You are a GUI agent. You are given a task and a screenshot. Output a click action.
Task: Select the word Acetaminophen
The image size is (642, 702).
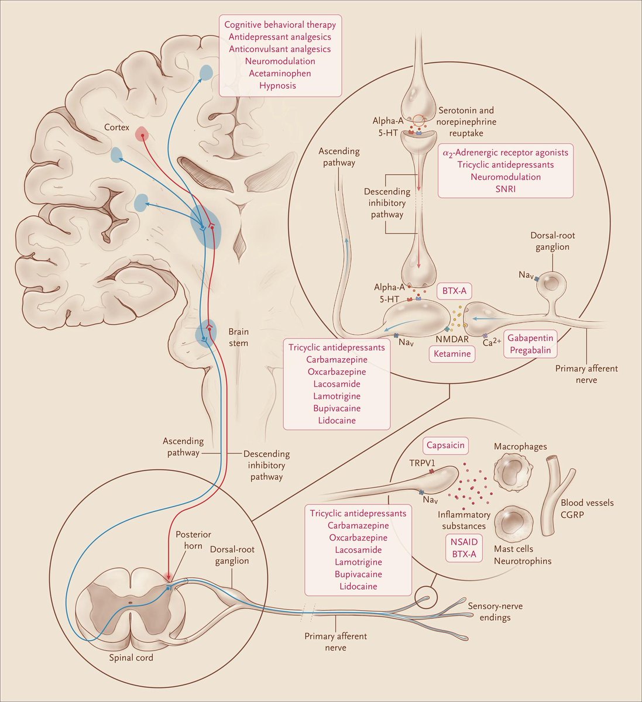click(x=279, y=73)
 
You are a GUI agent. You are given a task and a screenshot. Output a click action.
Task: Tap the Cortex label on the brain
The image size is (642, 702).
click(x=116, y=127)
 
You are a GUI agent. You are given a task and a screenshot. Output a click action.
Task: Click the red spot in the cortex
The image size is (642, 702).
click(x=141, y=134)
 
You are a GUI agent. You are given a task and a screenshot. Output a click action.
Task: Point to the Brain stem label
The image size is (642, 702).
click(x=238, y=338)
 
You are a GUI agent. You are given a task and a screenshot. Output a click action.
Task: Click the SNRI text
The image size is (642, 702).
click(x=505, y=188)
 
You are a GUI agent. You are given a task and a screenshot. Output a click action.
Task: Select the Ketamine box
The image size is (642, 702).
click(x=452, y=354)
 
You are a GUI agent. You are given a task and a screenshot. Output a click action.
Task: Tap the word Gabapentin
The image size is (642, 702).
click(x=530, y=339)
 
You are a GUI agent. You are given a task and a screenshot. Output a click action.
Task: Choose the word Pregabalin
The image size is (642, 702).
click(x=530, y=350)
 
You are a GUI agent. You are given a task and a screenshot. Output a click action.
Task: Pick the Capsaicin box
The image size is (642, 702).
click(x=445, y=446)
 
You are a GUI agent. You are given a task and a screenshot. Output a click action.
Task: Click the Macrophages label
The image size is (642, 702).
click(x=520, y=447)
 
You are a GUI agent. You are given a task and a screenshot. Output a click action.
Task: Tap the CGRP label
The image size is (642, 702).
click(x=574, y=515)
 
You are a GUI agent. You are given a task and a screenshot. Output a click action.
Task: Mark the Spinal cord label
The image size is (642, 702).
click(x=131, y=658)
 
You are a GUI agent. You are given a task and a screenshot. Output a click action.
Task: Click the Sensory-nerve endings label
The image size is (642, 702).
click(x=495, y=612)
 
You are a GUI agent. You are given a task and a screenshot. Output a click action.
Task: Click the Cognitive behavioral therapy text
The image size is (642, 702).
click(x=279, y=25)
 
